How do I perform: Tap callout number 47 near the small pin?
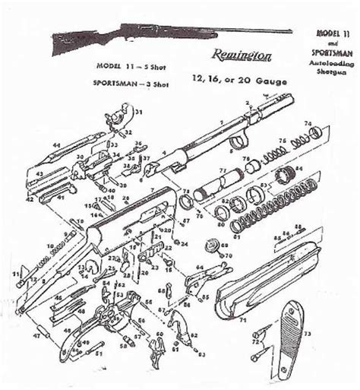click(x=36, y=335)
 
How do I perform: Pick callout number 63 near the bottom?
click(x=199, y=355)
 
